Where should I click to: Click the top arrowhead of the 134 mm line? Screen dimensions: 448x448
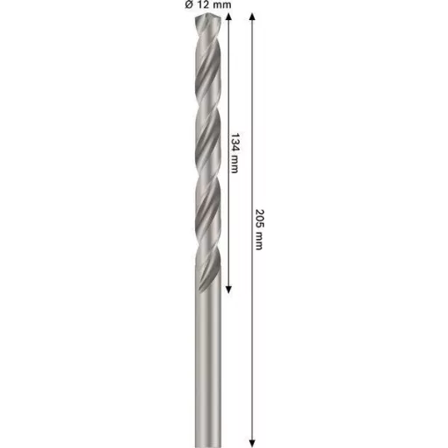click(228, 19)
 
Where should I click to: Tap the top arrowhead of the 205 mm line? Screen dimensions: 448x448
click(253, 19)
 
